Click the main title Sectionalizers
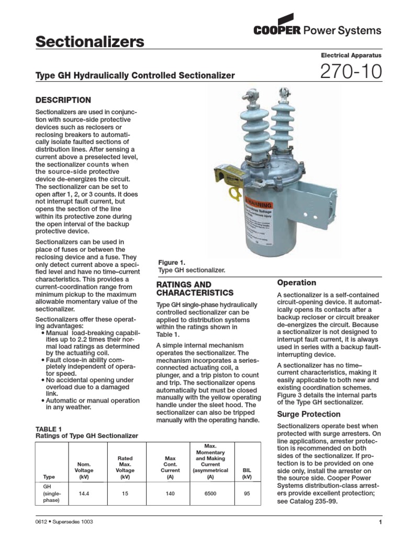pos(90,42)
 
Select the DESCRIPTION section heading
pos(63,100)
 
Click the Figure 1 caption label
pos(172,262)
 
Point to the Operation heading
pos(296,283)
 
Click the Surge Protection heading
pos(308,414)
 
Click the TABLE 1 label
pos(48,429)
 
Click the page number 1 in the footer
pos(380,522)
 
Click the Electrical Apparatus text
pos(350,55)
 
